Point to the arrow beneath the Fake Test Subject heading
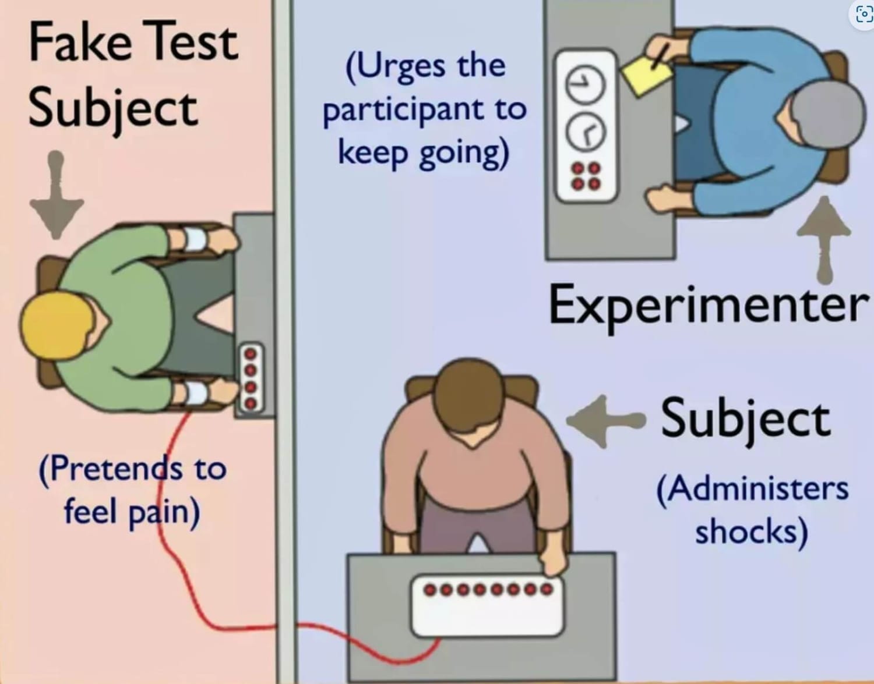(56, 195)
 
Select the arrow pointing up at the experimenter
(823, 239)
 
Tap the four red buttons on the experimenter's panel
(586, 176)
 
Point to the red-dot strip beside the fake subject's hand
(251, 378)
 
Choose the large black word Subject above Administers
(745, 420)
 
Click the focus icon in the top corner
(862, 14)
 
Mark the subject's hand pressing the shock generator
(553, 563)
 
